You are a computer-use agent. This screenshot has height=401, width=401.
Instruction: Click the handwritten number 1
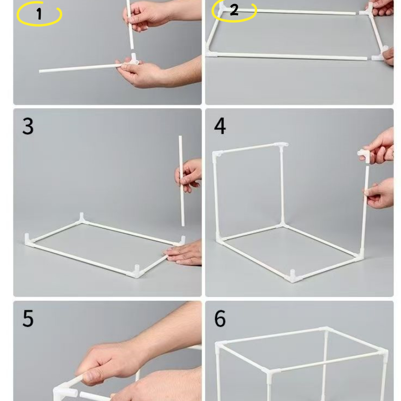click(x=39, y=14)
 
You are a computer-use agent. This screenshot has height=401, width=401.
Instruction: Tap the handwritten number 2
click(x=234, y=10)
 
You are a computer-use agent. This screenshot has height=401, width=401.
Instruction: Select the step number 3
click(x=28, y=126)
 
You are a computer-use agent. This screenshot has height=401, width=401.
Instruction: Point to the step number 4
click(x=220, y=126)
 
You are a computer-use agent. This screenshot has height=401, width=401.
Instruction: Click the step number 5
click(x=28, y=318)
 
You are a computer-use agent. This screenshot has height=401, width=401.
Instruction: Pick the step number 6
click(x=220, y=318)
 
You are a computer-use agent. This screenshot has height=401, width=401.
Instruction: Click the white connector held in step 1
click(x=133, y=60)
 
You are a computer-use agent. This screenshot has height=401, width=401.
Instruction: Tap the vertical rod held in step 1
click(x=130, y=25)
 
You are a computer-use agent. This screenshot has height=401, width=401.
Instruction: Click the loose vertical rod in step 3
click(x=181, y=181)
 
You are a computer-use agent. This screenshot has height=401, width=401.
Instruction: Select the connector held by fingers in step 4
click(x=364, y=155)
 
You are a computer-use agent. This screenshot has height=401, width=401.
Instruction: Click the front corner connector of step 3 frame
click(x=137, y=272)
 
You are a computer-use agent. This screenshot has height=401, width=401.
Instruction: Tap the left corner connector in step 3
click(x=29, y=240)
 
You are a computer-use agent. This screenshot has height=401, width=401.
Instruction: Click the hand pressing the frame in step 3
click(x=184, y=253)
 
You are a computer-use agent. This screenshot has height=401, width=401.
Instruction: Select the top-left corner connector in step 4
click(x=217, y=154)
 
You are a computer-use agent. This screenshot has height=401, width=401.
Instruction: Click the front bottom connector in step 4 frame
click(x=293, y=276)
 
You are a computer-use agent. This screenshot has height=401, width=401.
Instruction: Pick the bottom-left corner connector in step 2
click(x=211, y=53)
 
